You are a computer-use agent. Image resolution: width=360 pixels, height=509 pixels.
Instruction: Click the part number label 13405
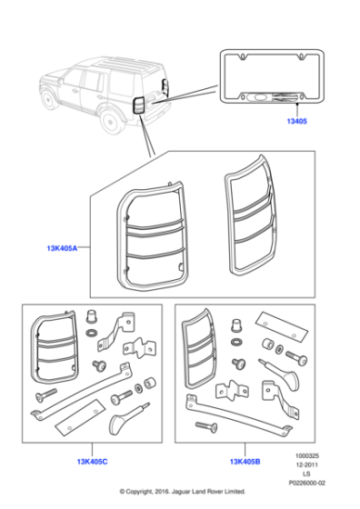pyautogui.click(x=296, y=121)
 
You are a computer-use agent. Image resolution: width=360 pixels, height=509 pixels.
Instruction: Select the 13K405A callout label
pyautogui.click(x=62, y=248)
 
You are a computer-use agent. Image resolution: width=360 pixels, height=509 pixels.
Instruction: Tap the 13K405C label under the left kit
pyautogui.click(x=92, y=462)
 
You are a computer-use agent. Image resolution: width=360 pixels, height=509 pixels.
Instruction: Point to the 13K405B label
pyautogui.click(x=245, y=462)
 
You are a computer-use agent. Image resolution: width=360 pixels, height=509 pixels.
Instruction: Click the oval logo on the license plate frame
pyautogui.click(x=260, y=97)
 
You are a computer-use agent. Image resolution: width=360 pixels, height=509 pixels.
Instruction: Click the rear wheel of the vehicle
pyautogui.click(x=111, y=123)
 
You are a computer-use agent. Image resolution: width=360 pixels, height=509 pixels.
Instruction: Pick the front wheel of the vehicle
pyautogui.click(x=50, y=99)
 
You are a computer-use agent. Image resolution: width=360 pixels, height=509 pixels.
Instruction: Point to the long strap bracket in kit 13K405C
pyautogui.click(x=81, y=392)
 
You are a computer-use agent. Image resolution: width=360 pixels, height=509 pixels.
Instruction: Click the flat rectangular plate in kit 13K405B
pyautogui.click(x=282, y=327)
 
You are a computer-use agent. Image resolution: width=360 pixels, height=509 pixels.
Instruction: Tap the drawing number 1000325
pyautogui.click(x=306, y=455)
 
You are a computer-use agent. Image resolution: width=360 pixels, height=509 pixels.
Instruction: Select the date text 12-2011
pyautogui.click(x=306, y=464)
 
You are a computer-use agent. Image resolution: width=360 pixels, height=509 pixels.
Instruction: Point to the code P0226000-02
pyautogui.click(x=306, y=483)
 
